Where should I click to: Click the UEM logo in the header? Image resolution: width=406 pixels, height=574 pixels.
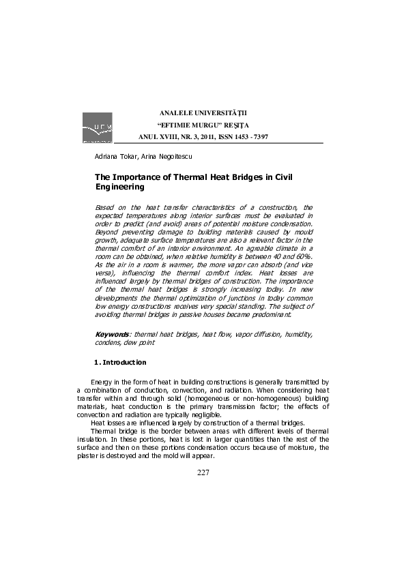point(97,128)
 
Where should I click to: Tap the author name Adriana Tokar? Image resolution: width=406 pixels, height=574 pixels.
point(114,157)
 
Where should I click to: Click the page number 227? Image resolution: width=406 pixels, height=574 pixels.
point(203,472)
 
